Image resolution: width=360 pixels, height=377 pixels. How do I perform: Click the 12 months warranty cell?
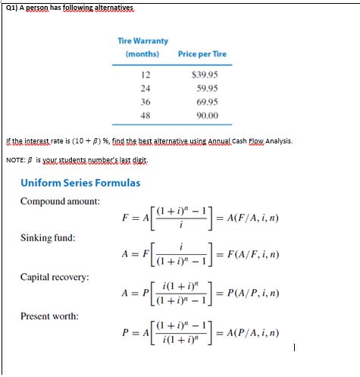tap(145, 74)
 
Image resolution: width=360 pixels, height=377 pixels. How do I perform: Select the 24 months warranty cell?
tap(145, 87)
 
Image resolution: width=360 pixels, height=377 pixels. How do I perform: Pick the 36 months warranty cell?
tap(145, 100)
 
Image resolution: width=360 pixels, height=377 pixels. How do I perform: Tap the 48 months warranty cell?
tap(145, 114)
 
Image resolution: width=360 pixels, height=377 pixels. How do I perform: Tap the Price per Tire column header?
tap(202, 54)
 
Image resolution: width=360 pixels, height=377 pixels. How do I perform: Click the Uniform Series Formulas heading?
tap(70, 182)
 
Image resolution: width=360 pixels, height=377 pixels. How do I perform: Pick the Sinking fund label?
tap(47, 237)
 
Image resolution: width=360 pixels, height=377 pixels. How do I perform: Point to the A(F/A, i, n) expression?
tap(261, 218)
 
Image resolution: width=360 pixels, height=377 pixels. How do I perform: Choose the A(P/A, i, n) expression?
tap(261, 333)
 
